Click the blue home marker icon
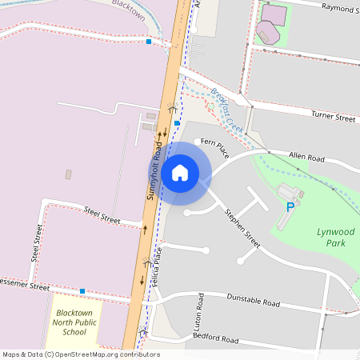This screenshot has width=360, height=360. coord(180,172)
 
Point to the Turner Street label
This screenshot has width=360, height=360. coord(333,118)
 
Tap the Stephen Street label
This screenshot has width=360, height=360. coord(242,227)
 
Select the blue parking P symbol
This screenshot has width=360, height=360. coord(290,207)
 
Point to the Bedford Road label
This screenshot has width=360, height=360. coord(216,340)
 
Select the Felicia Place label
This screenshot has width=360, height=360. coord(158,266)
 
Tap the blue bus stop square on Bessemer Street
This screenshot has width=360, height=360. coord(82,290)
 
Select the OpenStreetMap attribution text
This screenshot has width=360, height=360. coord(80,354)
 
